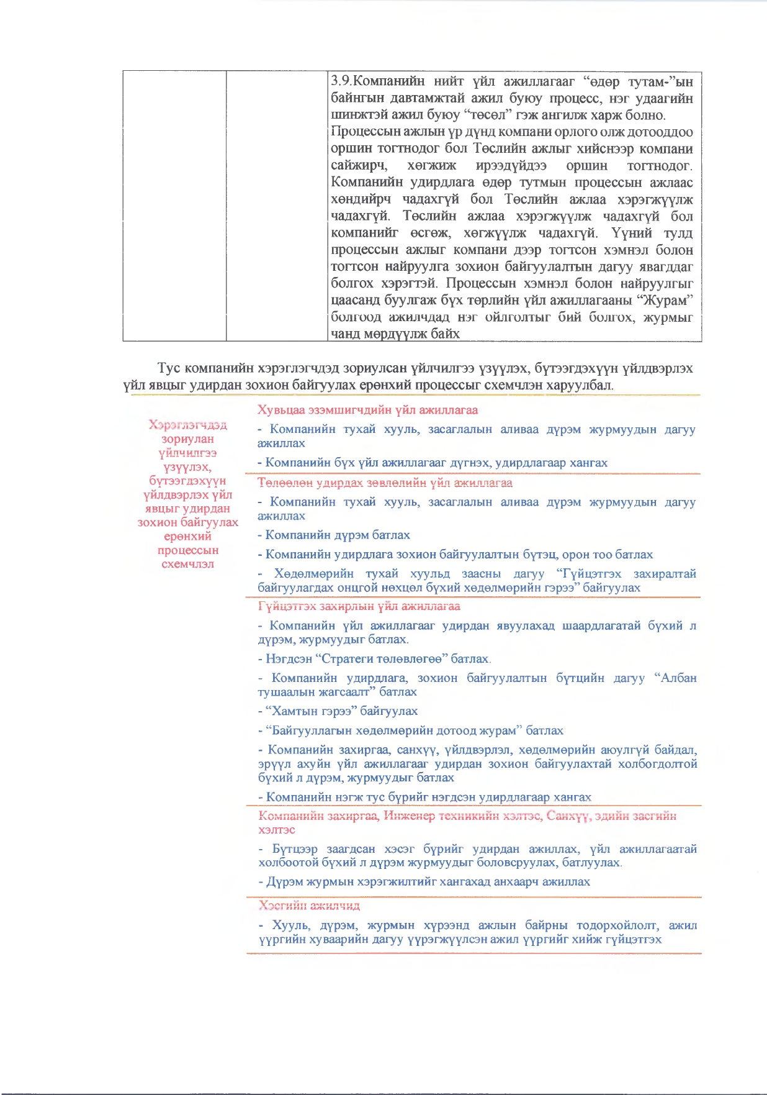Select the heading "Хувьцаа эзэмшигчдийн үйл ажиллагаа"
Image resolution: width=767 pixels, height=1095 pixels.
tap(367, 410)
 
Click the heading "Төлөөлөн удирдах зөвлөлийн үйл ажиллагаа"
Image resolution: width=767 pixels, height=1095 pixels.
tap(385, 483)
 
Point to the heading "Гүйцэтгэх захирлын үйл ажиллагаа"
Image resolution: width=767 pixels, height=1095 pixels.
tap(359, 606)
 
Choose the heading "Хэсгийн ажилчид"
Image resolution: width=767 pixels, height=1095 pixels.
tap(309, 906)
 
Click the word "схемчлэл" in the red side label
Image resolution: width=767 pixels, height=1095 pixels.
tap(187, 564)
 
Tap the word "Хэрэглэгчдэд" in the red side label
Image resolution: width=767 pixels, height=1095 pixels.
tap(187, 425)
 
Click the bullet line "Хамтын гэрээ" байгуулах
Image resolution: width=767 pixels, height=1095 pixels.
tap(338, 711)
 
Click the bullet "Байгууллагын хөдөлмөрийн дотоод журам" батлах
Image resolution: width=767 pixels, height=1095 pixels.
tap(411, 730)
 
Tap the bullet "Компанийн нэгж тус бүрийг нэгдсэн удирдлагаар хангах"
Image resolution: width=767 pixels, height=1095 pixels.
tap(425, 797)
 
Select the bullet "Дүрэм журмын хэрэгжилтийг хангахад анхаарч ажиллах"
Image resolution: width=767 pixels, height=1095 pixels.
tap(424, 881)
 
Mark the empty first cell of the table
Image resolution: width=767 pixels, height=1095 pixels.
tap(174, 205)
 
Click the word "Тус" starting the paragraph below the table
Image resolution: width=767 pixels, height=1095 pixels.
tap(169, 368)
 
